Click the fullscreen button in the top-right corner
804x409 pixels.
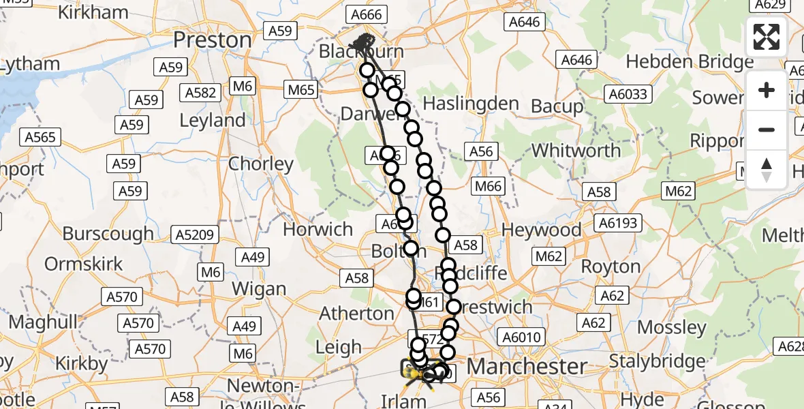click(x=767, y=37)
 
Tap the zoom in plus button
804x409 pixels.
click(x=767, y=90)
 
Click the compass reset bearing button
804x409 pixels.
click(x=767, y=170)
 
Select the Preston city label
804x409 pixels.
click(x=212, y=40)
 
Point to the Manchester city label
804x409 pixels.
click(x=527, y=367)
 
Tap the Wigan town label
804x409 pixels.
click(x=258, y=289)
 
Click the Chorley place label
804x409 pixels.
click(x=261, y=164)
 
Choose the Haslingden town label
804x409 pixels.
click(x=471, y=104)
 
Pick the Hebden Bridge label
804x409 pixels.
click(x=690, y=62)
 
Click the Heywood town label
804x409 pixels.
click(x=542, y=230)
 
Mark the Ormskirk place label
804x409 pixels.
click(x=84, y=263)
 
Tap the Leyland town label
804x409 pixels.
click(x=213, y=121)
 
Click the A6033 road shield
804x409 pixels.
click(x=627, y=94)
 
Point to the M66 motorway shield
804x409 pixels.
click(x=488, y=187)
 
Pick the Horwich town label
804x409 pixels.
click(x=318, y=229)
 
